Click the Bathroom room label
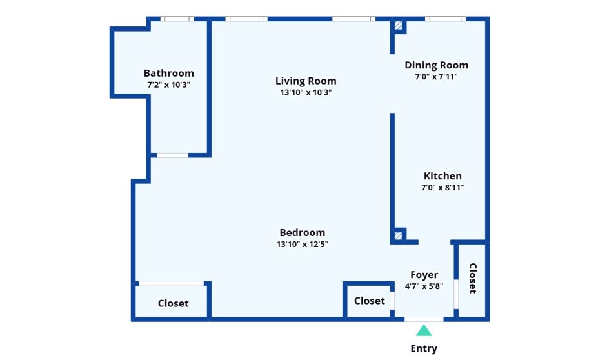(x=168, y=73)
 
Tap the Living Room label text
(x=306, y=81)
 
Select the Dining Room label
(x=437, y=65)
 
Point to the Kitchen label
(x=442, y=176)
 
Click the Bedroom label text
(x=302, y=233)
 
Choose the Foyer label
(x=424, y=275)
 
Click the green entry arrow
(x=424, y=330)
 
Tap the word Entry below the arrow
(x=424, y=348)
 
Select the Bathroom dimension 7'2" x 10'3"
(x=168, y=85)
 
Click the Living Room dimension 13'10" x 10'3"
(x=306, y=93)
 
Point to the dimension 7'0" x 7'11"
(x=437, y=77)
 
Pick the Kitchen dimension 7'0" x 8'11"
(x=442, y=188)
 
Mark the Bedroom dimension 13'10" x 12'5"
(x=302, y=245)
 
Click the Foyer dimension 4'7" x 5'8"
(x=424, y=286)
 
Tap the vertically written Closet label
(x=473, y=278)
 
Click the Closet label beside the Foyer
(x=370, y=301)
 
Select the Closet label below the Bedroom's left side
(x=174, y=303)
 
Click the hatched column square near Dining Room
(x=399, y=26)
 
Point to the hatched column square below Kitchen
(x=399, y=236)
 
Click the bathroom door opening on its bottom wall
(x=173, y=155)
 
